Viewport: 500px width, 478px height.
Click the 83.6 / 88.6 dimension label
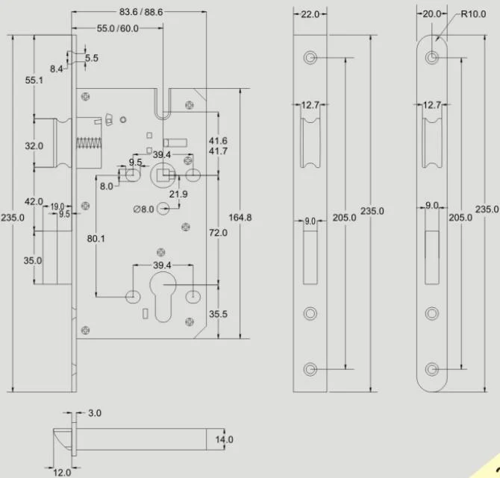click(x=141, y=12)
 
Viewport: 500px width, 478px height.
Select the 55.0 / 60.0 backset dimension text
click(x=118, y=28)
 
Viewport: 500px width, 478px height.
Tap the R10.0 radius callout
click(x=473, y=14)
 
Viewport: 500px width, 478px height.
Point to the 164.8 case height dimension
click(x=240, y=218)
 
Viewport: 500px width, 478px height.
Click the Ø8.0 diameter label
click(x=144, y=210)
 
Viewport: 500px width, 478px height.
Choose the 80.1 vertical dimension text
click(x=96, y=239)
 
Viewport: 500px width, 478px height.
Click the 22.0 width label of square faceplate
click(x=310, y=14)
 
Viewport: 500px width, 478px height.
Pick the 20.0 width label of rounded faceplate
click(x=432, y=14)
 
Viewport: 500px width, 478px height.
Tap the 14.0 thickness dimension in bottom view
click(x=224, y=440)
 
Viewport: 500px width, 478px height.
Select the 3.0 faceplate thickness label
click(x=95, y=413)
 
